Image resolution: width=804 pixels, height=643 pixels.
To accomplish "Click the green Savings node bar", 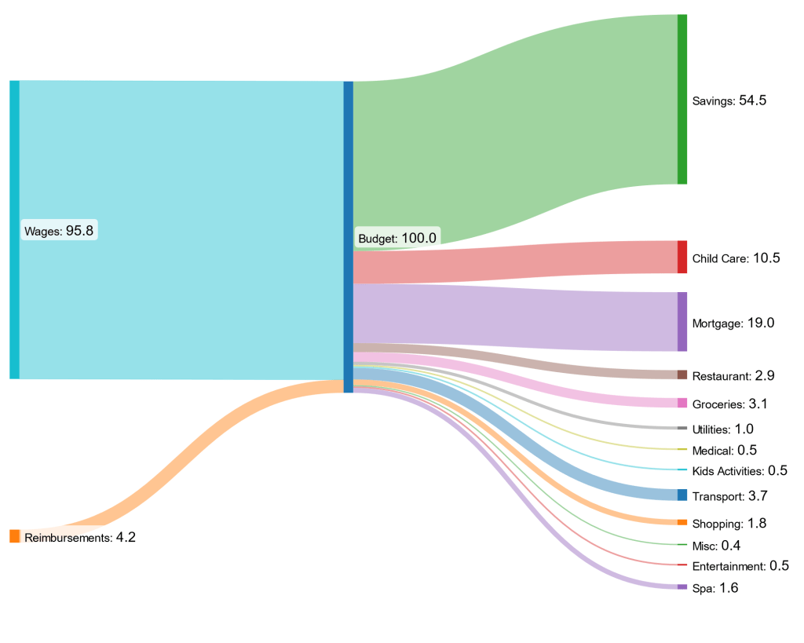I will tap(682, 99).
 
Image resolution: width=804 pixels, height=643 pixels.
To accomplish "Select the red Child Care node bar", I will tap(682, 258).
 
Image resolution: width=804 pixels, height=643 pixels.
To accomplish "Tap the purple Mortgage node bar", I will tap(682, 322).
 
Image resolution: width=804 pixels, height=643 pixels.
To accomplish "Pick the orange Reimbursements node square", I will tap(14, 536).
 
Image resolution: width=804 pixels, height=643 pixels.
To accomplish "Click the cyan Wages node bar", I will tap(14, 230).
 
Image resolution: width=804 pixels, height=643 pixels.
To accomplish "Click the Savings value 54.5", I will tap(753, 100).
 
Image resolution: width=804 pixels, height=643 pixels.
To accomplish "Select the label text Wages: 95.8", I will tap(60, 231).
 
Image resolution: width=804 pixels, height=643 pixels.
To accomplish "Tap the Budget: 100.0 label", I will tap(397, 238).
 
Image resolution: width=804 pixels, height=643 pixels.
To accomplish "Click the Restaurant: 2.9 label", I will tap(733, 376).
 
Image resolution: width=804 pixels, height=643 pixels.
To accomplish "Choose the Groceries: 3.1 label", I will tap(729, 404).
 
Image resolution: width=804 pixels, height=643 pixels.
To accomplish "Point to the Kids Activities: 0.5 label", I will tap(740, 471).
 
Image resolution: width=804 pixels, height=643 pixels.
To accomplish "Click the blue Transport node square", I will tap(682, 495).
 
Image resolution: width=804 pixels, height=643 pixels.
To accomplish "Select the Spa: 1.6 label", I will tap(715, 588).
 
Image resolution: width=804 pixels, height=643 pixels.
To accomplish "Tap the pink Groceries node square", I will tap(682, 404).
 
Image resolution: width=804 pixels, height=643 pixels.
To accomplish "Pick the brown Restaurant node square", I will tap(682, 375).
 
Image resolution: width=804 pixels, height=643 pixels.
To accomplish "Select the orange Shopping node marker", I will tap(682, 523).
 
